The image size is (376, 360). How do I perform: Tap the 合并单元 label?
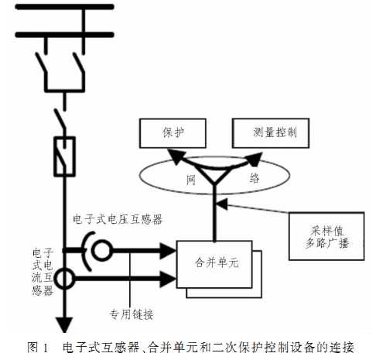(x=217, y=263)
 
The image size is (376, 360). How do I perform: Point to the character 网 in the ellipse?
(x=191, y=180)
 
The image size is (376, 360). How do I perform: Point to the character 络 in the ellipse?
(x=255, y=178)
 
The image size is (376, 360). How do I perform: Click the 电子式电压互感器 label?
(x=118, y=219)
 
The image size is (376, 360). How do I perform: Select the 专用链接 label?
(x=132, y=314)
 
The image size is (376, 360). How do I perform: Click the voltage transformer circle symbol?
(x=93, y=250)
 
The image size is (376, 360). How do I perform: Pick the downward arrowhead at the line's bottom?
(x=64, y=324)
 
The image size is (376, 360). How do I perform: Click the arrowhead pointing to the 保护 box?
(x=176, y=156)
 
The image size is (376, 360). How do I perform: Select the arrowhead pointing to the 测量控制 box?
(x=255, y=159)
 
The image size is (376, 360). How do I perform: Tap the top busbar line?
(x=64, y=7)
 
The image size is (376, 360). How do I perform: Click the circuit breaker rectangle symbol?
(x=55, y=156)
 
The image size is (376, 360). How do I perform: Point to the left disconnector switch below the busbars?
(x=41, y=63)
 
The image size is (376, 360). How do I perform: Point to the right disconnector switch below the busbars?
(x=79, y=63)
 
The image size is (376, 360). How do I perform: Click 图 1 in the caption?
(x=38, y=348)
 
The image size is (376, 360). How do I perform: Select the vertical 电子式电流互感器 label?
(x=43, y=272)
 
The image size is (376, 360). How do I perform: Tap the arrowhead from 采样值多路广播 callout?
(x=222, y=204)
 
